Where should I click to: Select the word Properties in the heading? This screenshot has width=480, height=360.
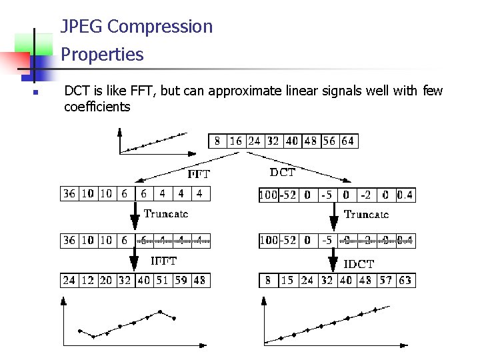(x=102, y=54)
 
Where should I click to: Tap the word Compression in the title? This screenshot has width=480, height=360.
(x=159, y=27)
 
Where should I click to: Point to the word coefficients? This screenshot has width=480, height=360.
(x=97, y=107)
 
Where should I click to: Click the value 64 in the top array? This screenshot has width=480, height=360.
(x=347, y=141)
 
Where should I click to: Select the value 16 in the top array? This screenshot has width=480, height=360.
(x=235, y=141)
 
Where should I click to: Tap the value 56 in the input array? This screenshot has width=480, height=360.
(x=329, y=141)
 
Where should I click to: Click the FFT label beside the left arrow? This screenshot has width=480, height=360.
(x=199, y=174)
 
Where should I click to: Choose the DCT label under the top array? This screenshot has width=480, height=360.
(x=282, y=172)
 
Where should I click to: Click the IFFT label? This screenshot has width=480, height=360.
(x=163, y=261)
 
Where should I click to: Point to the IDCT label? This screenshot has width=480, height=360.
(x=359, y=264)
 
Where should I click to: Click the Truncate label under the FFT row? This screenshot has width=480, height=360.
(x=166, y=214)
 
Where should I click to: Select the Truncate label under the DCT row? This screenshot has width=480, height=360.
(x=366, y=214)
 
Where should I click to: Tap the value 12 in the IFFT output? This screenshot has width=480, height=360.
(x=87, y=280)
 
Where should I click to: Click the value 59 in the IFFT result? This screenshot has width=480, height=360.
(x=181, y=280)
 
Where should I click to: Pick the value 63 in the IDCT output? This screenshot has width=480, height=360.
(x=405, y=280)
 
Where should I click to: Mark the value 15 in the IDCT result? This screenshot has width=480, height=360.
(x=288, y=280)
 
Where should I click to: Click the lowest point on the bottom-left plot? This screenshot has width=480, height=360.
(x=93, y=337)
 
